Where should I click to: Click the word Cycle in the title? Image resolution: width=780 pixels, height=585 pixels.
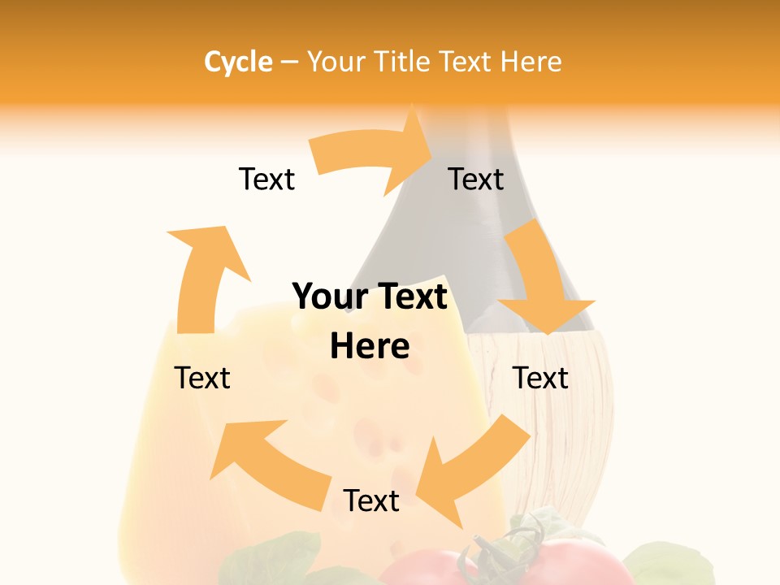point(238,62)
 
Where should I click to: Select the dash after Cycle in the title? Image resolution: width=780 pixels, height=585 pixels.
point(289,62)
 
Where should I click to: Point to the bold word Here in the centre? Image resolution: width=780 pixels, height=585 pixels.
point(369,346)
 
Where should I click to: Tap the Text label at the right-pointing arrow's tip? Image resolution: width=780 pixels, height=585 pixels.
point(476,179)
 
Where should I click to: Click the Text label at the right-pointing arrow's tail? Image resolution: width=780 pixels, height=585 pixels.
point(266,179)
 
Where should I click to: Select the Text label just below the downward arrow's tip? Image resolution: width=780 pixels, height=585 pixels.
point(540,378)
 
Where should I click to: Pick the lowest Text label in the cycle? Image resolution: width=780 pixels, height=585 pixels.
point(371,500)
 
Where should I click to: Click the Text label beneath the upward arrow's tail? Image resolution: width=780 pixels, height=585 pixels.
point(202,378)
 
